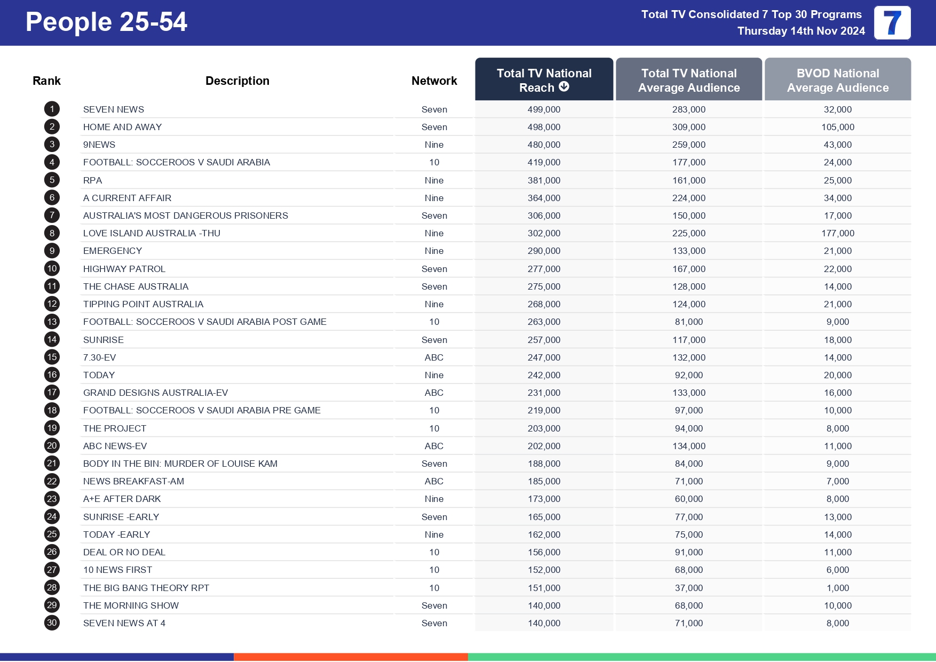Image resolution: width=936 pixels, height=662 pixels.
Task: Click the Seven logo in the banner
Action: (892, 23)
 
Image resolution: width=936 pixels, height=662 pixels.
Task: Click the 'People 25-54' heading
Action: (106, 22)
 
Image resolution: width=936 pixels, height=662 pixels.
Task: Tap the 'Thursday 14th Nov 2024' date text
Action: (801, 31)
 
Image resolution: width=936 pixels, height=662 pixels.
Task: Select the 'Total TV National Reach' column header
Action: (544, 79)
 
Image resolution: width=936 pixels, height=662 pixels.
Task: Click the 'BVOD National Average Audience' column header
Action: (837, 80)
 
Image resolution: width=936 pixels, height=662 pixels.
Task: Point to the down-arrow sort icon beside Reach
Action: (564, 87)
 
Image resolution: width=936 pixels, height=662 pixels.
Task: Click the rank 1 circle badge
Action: (52, 109)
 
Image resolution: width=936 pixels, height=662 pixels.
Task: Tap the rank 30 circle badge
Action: (52, 623)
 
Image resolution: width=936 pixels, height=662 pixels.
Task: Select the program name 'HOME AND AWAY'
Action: (122, 127)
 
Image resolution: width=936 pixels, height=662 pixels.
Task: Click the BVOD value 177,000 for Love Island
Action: (837, 233)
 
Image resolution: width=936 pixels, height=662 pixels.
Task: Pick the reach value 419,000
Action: (544, 162)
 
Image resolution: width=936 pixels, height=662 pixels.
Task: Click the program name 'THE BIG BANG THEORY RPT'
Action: (146, 588)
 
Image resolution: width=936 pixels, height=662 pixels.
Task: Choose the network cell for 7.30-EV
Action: (434, 357)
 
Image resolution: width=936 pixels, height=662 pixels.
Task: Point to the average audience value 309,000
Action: (688, 127)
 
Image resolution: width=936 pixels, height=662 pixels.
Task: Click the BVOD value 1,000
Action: (837, 588)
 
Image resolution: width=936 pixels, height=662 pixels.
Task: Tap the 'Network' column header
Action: (434, 81)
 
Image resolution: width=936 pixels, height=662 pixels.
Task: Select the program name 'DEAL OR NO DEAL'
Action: (124, 552)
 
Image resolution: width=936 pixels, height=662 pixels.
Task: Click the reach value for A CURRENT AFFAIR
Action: (544, 198)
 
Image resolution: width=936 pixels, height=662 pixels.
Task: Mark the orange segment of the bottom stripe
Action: (351, 657)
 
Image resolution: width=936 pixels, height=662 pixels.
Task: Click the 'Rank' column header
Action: (46, 81)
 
